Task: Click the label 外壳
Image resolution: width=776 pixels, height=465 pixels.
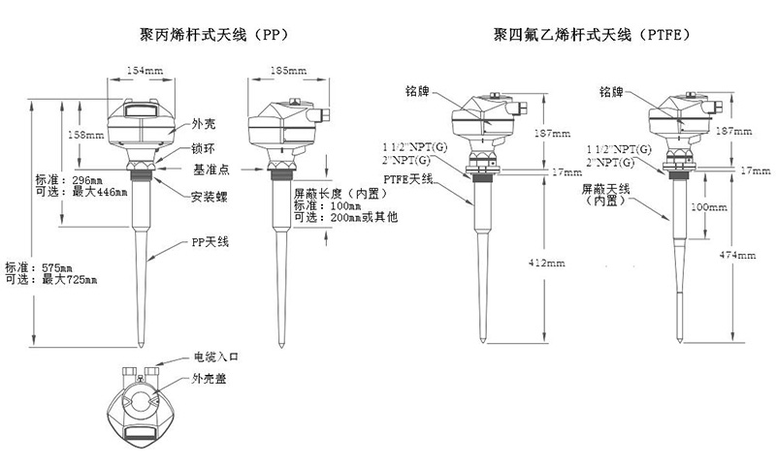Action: click(204, 124)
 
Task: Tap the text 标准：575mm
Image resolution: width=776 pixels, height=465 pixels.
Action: click(39, 266)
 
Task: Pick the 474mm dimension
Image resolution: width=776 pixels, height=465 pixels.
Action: click(736, 255)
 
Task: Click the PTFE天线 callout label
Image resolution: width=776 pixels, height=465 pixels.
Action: click(409, 180)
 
